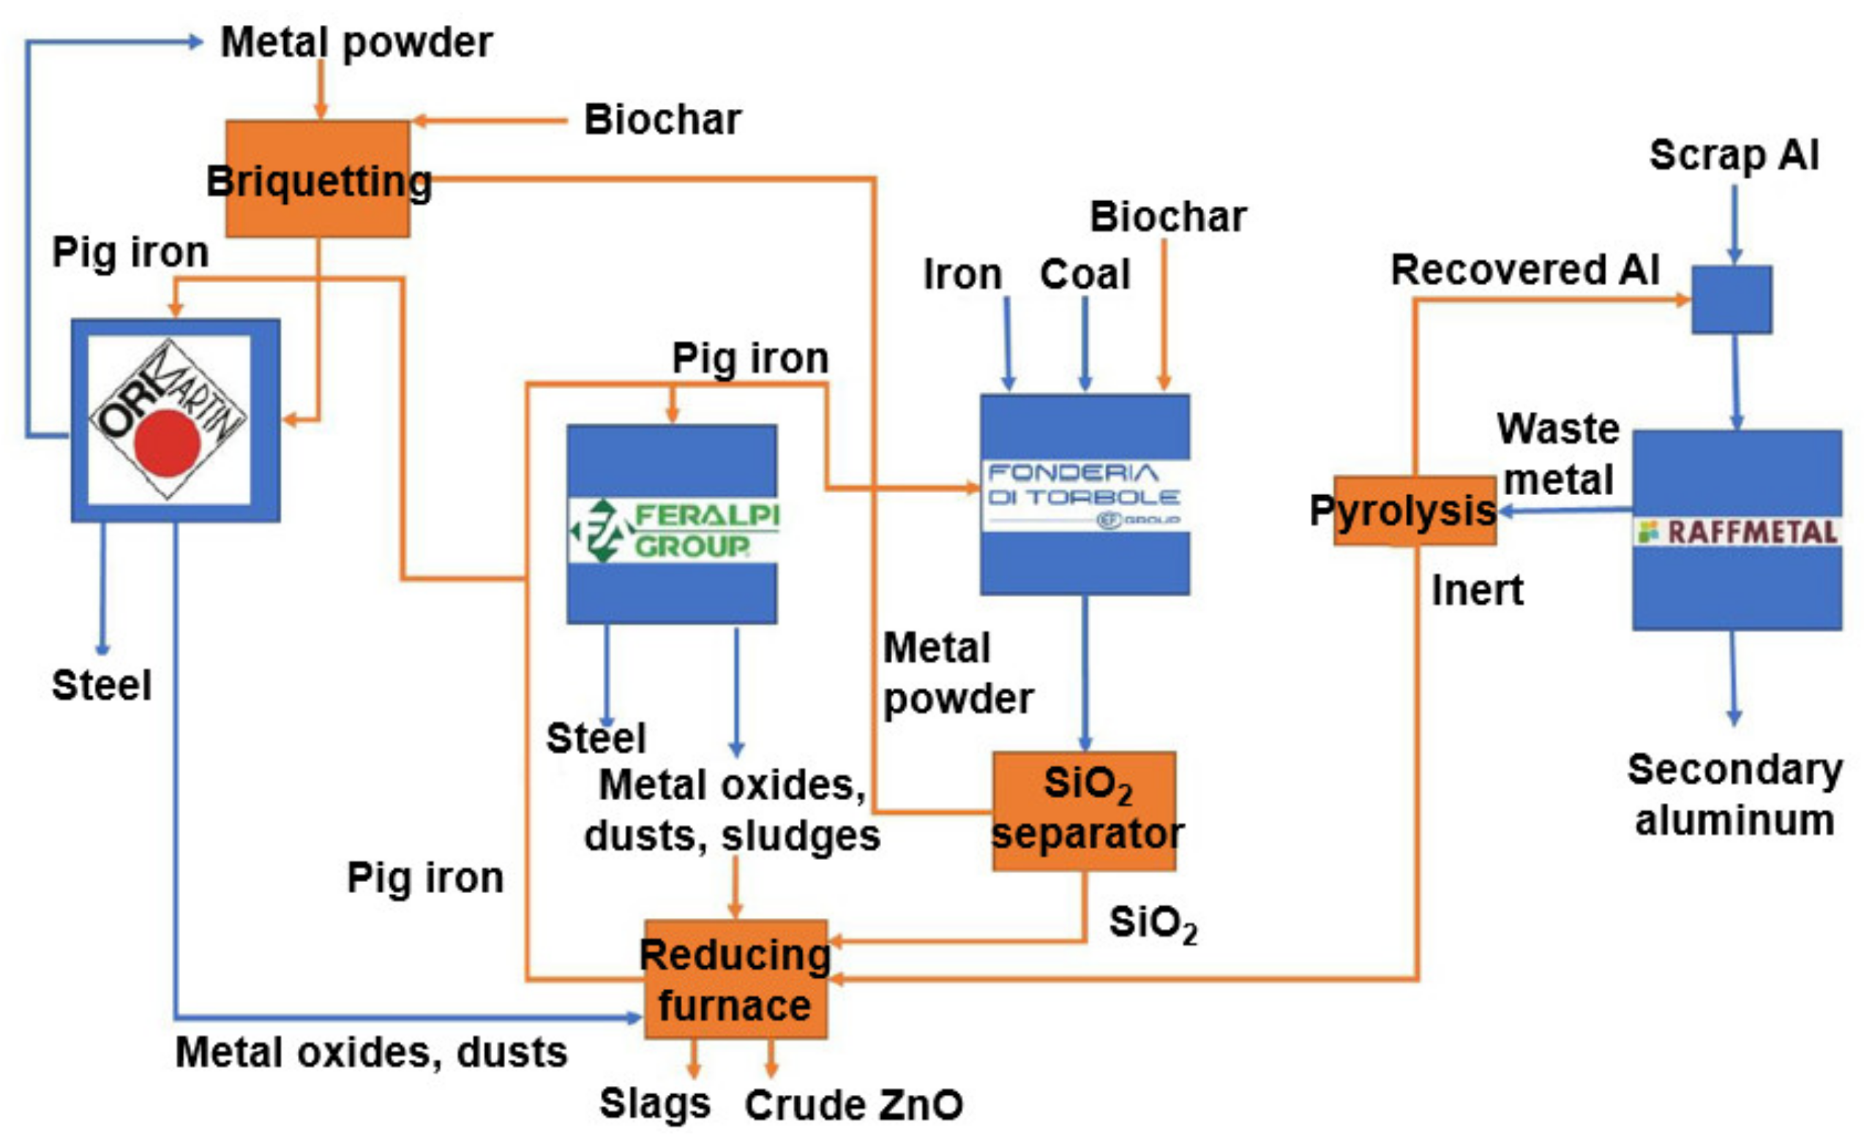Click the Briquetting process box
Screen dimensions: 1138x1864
point(318,179)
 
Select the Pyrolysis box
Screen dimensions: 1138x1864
point(1414,510)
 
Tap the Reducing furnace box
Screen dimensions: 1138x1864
point(735,979)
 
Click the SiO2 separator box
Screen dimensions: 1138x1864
point(1083,810)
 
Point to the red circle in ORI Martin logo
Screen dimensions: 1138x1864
point(167,444)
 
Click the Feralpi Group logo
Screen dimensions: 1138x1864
point(673,531)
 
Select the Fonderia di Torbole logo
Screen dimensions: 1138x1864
point(1083,495)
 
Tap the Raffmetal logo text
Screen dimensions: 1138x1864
point(1751,532)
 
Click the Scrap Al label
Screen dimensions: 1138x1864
point(1733,156)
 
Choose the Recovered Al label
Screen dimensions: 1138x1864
point(1524,270)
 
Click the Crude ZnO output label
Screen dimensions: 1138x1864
point(853,1106)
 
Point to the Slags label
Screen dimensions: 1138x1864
point(654,1103)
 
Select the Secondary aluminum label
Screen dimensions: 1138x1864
point(1734,796)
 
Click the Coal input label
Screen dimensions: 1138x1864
point(1084,274)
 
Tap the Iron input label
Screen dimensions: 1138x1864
point(962,274)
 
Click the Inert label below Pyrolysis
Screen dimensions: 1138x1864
point(1477,590)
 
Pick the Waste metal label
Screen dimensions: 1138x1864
point(1558,453)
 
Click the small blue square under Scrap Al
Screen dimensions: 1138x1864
point(1731,299)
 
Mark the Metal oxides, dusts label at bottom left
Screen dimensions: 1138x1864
point(371,1052)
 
